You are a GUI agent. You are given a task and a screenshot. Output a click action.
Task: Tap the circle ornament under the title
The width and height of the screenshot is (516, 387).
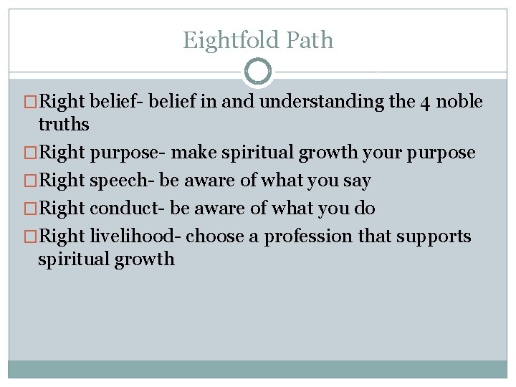(258, 72)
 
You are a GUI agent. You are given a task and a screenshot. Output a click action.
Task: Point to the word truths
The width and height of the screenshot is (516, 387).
(64, 125)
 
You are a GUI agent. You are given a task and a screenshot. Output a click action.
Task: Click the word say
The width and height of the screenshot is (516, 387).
(356, 181)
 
